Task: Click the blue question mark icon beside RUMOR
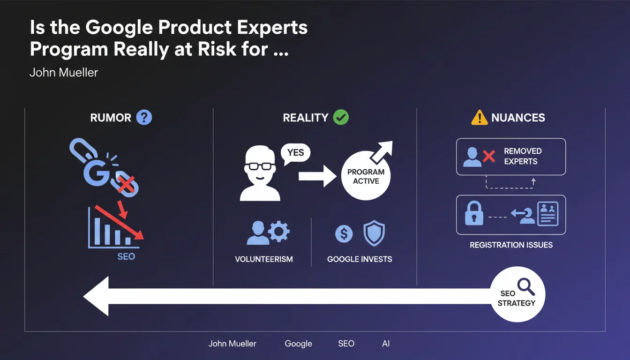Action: point(144,117)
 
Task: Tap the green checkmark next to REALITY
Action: point(341,117)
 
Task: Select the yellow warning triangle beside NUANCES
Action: point(479,118)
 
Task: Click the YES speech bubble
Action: point(295,153)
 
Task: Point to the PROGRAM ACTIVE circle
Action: point(366,176)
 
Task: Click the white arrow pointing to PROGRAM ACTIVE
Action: point(317,176)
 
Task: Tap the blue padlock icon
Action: point(474,213)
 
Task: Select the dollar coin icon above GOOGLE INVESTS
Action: point(344,234)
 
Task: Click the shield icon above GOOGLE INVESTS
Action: point(374,233)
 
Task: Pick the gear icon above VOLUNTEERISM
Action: point(279,232)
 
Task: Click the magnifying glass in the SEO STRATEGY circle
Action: point(526,286)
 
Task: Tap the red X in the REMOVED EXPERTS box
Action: point(489,156)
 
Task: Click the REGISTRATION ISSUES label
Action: point(511,245)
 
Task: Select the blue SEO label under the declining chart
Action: point(126,256)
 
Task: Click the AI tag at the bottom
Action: point(386,344)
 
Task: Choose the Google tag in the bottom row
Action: point(299,344)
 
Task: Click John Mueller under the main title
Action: point(64,73)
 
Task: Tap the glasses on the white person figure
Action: point(260,166)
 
